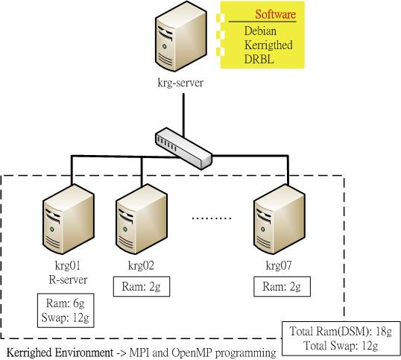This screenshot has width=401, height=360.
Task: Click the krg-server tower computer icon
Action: pyautogui.click(x=181, y=36)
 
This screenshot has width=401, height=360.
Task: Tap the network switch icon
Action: pyautogui.click(x=183, y=148)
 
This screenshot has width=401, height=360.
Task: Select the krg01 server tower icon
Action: pyautogui.click(x=69, y=219)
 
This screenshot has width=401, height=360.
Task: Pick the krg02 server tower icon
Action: pyautogui.click(x=142, y=219)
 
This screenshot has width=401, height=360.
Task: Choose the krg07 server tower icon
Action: pyautogui.click(x=280, y=219)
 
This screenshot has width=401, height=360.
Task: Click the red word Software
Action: pyautogui.click(x=276, y=14)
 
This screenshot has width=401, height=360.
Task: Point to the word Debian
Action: pyautogui.click(x=260, y=31)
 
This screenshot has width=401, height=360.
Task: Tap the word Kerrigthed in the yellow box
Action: pyautogui.click(x=268, y=45)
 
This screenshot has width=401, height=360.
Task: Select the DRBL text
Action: pyautogui.click(x=259, y=60)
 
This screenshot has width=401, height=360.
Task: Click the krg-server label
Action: pyautogui.click(x=180, y=83)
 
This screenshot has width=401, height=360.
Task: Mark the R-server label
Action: pyautogui.click(x=68, y=280)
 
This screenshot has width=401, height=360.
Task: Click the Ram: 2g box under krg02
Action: pyautogui.click(x=142, y=286)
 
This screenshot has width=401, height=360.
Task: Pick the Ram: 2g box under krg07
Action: pyautogui.click(x=282, y=286)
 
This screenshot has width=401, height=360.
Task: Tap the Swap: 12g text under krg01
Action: pyautogui.click(x=65, y=318)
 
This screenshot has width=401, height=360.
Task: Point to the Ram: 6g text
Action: pyautogui.click(x=65, y=303)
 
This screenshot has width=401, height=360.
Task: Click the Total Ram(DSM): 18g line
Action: pyautogui.click(x=341, y=332)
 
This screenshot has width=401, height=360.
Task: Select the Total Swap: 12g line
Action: pyautogui.click(x=341, y=346)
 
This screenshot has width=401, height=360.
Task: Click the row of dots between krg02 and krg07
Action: pyautogui.click(x=212, y=218)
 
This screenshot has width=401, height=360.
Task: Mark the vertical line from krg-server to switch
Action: pyautogui.click(x=183, y=115)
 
